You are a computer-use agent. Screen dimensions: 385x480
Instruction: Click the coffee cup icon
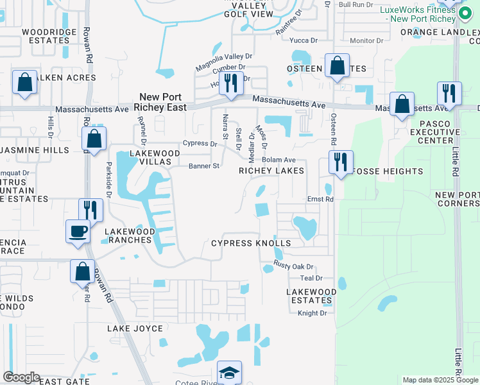[78, 232]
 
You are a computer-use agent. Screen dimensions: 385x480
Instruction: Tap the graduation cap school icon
[228, 373]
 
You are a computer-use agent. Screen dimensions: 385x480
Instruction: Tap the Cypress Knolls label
[251, 243]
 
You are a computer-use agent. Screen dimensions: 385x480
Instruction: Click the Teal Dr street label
[311, 278]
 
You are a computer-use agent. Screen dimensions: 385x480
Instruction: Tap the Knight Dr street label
[313, 313]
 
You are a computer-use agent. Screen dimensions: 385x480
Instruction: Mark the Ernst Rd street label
[321, 200]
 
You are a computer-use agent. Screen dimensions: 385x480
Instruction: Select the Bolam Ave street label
[279, 160]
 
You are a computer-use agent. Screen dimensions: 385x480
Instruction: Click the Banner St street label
[204, 166]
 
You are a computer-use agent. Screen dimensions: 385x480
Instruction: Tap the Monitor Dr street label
[366, 40]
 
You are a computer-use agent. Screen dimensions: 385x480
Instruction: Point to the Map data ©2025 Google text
[440, 380]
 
